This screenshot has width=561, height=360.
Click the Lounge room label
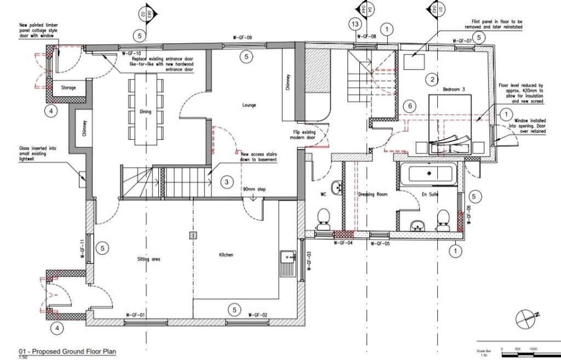tap(248, 105)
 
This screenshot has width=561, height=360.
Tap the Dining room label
tap(145, 112)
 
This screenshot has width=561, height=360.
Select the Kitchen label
tap(226, 255)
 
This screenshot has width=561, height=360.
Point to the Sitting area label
tap(148, 259)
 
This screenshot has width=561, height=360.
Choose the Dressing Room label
tap(373, 195)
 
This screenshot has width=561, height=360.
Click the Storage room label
tap(68, 88)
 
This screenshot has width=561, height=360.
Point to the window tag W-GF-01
tap(135, 315)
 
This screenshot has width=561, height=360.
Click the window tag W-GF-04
tap(344, 244)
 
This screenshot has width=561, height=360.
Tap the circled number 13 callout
tap(356, 24)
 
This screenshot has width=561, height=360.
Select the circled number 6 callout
tap(409, 106)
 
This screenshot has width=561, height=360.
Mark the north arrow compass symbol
tap(526, 317)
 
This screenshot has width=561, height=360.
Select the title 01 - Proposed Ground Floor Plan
tap(67, 352)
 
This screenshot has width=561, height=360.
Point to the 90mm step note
tap(254, 189)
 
